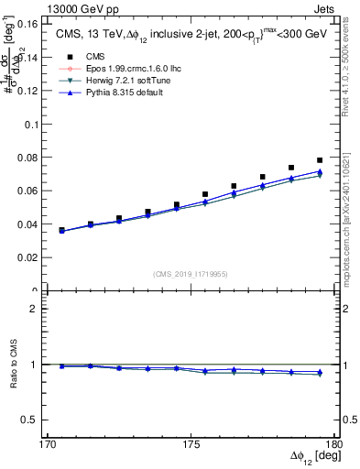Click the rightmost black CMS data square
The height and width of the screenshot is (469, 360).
point(320,160)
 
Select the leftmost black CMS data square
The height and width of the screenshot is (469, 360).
point(61,230)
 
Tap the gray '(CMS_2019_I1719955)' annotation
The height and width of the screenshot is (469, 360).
point(189,274)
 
